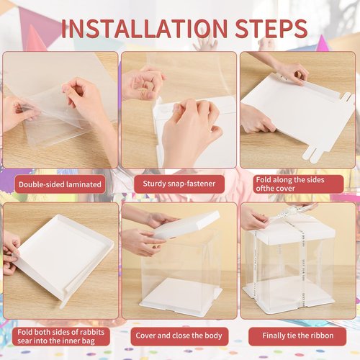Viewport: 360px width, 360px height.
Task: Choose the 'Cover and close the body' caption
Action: click(x=179, y=336)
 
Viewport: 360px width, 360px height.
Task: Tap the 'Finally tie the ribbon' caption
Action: click(x=298, y=336)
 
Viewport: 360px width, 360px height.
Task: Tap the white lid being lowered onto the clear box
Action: click(x=185, y=225)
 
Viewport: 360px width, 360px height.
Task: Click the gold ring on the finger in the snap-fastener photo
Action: click(x=143, y=91)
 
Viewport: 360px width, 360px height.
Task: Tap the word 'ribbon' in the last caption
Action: click(x=321, y=336)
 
